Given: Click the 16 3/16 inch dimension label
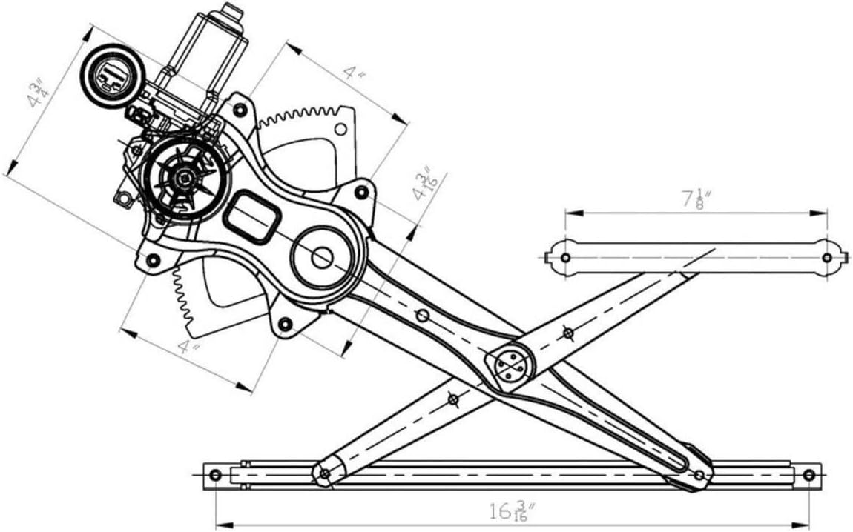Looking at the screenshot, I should (x=512, y=511).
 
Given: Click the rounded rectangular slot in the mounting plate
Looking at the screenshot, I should (x=251, y=216).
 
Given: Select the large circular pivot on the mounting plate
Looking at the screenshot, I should (x=322, y=258).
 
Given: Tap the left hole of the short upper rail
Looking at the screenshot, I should (x=566, y=258).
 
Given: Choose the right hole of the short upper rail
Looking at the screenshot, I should (x=827, y=258).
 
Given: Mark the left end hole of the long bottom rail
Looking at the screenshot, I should (x=215, y=474).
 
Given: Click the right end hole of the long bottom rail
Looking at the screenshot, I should (x=809, y=474).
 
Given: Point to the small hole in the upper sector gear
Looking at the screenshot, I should (x=340, y=130).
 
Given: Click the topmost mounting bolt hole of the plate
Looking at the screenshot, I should (x=239, y=110).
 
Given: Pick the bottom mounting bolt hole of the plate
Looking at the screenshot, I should (x=284, y=324).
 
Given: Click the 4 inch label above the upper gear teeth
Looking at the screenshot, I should (x=355, y=74).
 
